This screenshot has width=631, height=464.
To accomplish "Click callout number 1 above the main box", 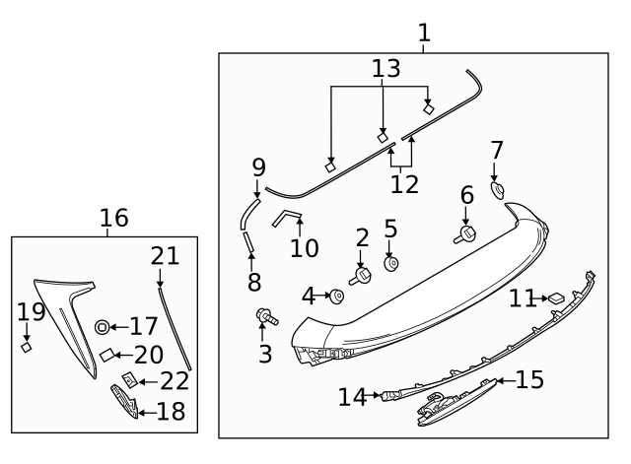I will click(x=424, y=33).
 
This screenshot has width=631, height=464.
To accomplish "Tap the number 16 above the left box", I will click(x=114, y=218).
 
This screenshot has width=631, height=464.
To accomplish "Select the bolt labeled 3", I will click(x=265, y=317).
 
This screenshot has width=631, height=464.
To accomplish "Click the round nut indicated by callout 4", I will click(x=337, y=295).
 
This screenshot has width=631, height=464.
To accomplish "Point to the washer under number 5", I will click(x=390, y=264).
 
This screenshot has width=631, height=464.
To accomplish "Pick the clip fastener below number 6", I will click(x=465, y=234).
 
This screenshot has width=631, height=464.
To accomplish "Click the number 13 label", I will click(x=387, y=68).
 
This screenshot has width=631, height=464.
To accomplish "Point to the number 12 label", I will click(x=404, y=183).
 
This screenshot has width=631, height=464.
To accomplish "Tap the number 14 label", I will click(x=352, y=397).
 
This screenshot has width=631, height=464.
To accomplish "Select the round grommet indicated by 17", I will click(x=103, y=326).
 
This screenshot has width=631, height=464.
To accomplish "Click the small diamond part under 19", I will click(x=28, y=346).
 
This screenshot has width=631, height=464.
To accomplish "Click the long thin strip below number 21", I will click(x=174, y=325).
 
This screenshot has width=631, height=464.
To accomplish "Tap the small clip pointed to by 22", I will click(x=128, y=379).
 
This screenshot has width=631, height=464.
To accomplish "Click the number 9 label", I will click(x=259, y=166).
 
